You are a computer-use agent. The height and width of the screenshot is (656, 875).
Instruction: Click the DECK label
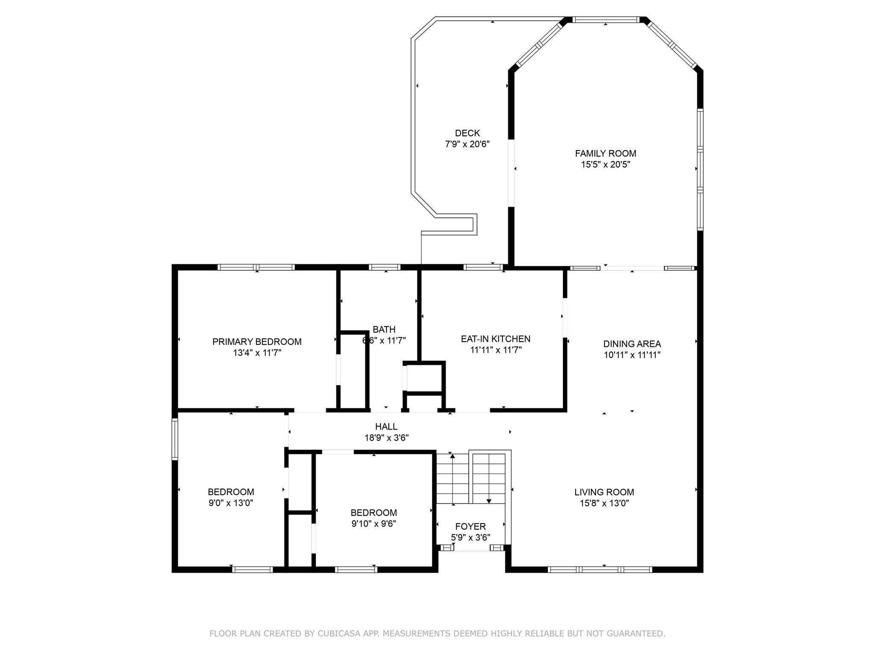coord(467,133)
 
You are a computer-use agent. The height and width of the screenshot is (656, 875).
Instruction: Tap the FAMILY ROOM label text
coord(605,153)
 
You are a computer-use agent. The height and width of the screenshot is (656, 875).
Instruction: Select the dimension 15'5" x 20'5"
coord(605,164)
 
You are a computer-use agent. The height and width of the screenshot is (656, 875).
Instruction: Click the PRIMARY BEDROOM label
coord(257,342)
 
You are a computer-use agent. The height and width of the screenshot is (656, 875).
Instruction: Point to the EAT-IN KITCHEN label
coord(496,339)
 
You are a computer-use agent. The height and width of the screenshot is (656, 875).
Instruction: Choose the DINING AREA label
coord(632,344)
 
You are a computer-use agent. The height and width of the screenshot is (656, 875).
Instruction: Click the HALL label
coord(386,426)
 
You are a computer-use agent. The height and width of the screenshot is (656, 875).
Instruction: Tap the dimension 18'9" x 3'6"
coord(387,438)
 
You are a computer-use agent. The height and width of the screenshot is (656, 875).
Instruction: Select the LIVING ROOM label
coord(604,492)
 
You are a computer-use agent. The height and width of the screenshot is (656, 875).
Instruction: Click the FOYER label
coord(470,527)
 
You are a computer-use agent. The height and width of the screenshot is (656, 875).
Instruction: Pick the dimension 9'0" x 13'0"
coord(231,503)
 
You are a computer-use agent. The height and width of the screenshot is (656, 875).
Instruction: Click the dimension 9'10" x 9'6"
coord(374,524)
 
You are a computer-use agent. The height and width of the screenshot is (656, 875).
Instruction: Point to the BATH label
coord(384,329)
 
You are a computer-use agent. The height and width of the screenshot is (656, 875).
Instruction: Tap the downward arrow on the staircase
coord(489,501)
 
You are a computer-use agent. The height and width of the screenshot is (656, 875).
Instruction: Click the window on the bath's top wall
coord(385,267)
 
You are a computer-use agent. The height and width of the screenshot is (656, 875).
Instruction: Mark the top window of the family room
coord(605,20)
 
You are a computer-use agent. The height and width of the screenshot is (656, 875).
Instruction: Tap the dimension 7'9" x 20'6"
coord(467,144)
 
